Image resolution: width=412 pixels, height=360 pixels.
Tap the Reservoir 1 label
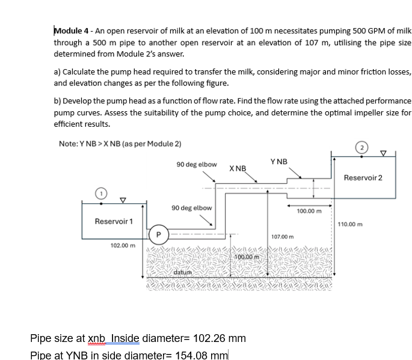pos(114,222)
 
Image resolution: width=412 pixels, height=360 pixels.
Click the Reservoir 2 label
pos(363,177)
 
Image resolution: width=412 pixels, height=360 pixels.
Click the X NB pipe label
pos(238,168)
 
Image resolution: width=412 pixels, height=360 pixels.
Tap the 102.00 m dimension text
pos(122,245)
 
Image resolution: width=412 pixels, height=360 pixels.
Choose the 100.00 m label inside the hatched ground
pos(245,257)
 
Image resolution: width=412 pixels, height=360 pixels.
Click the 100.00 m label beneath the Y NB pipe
pos(309,211)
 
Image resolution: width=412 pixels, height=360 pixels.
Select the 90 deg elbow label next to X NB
pos(197,164)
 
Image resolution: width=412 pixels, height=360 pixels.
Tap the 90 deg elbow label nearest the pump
pos(191,208)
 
